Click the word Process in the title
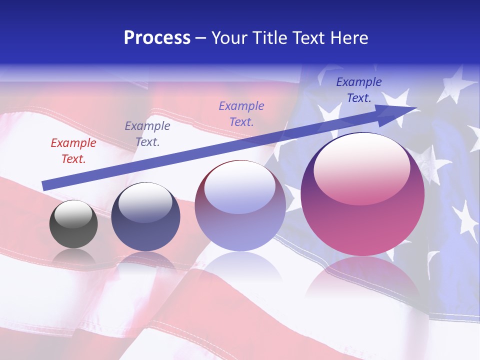tap(157, 38)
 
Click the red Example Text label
tap(73, 151)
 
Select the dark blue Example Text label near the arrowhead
tap(358, 90)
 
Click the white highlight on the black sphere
tap(73, 214)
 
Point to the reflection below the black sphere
tap(73, 257)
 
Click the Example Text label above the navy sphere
tap(147, 134)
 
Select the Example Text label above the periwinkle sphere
tap(241, 113)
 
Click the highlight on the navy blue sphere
tap(145, 202)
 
